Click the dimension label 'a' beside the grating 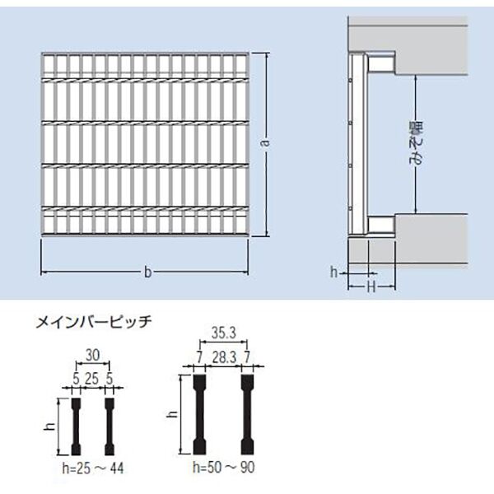coord(266,142)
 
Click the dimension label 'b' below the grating coord(147,272)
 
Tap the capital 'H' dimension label coord(372,287)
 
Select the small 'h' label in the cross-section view coord(334,272)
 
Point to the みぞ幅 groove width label coord(417,143)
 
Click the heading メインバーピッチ coord(94,322)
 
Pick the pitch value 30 coord(92,356)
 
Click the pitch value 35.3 coord(224,333)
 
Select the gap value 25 coord(92,379)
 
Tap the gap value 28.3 coord(224,358)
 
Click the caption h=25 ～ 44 coord(93,468)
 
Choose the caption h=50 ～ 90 coord(224,467)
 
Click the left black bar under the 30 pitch coord(76,426)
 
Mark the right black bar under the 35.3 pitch coord(247,415)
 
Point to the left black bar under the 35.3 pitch coord(199,415)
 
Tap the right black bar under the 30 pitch coord(110,426)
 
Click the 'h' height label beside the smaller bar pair coord(50,426)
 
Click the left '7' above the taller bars coord(199,358)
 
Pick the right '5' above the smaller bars coord(109,379)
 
